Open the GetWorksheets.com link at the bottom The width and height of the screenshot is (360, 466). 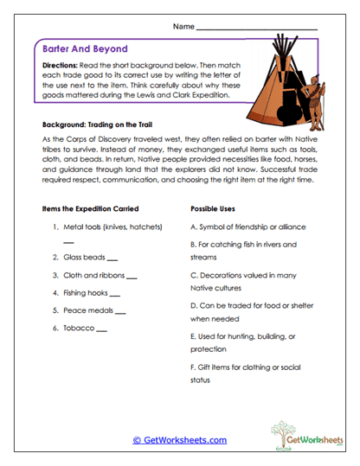[179, 439]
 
